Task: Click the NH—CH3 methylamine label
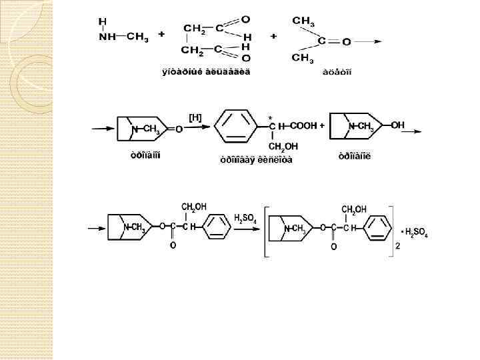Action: (123, 37)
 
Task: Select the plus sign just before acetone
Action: (273, 35)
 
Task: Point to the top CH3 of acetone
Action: (303, 21)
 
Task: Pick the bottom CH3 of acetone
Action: (303, 58)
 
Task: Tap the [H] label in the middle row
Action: (195, 118)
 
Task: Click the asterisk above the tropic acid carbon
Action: (270, 119)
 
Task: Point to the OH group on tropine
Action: (397, 125)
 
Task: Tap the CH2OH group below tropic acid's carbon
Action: (283, 147)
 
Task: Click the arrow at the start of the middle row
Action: (103, 129)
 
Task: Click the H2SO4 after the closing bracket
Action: (416, 234)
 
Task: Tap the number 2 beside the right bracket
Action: (397, 247)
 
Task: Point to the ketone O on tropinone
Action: (179, 129)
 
